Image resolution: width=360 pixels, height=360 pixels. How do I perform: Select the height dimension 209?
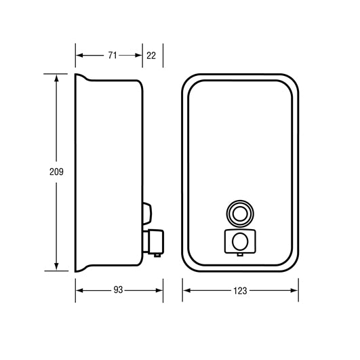[57, 172]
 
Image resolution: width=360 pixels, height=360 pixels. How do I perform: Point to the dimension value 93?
[118, 290]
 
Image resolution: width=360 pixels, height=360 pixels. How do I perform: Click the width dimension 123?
[240, 290]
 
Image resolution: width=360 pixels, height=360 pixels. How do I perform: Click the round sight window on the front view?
[239, 213]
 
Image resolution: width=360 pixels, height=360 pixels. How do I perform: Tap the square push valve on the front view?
[239, 241]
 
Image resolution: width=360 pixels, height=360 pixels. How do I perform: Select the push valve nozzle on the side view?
[155, 240]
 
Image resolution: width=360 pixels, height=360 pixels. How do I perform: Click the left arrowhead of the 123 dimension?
[185, 290]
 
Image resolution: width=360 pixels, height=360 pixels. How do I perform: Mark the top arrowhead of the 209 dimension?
[57, 77]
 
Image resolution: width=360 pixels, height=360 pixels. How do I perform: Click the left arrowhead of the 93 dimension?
[77, 290]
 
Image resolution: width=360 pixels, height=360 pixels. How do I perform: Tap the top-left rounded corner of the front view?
[188, 81]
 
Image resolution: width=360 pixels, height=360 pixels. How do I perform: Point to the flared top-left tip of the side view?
[75, 75]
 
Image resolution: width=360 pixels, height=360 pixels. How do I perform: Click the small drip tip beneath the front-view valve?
[239, 258]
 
